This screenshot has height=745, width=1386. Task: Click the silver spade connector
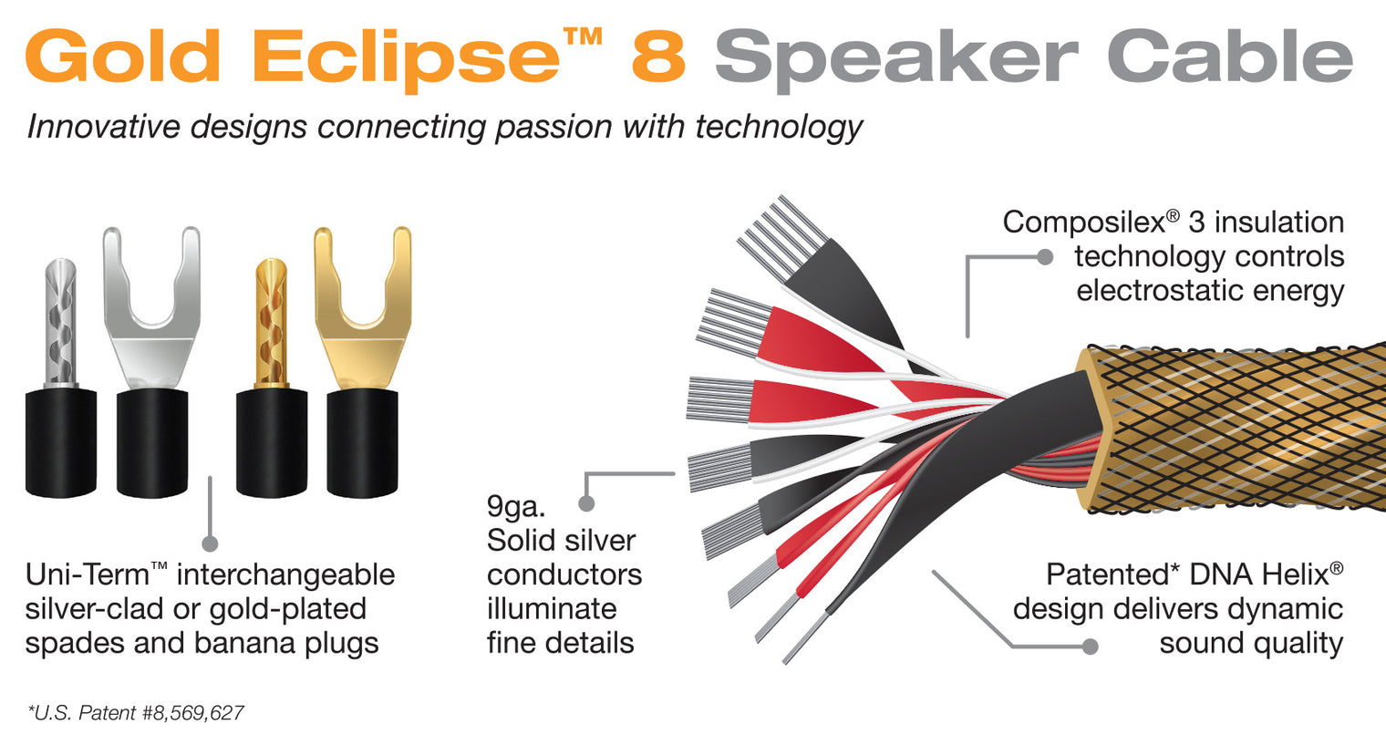[151, 310]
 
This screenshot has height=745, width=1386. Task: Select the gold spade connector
[362, 310]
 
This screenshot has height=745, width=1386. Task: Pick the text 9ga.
[516, 506]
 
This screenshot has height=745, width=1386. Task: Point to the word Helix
[1297, 574]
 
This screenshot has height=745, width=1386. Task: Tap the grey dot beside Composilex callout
[1046, 257]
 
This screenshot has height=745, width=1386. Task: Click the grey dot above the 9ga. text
[587, 503]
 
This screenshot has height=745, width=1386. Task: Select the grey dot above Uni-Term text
[210, 543]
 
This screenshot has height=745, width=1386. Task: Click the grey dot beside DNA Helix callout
[1090, 647]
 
